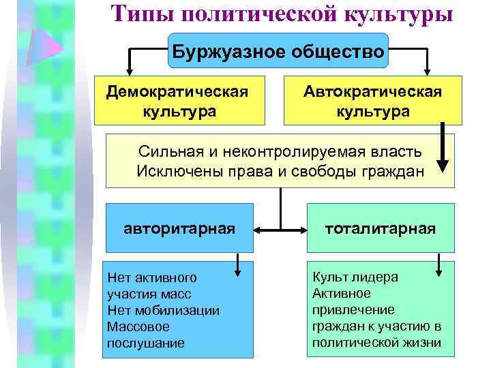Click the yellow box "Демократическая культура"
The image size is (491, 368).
(179, 101)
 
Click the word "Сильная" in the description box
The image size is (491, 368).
(164, 151)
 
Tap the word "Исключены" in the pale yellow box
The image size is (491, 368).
(171, 170)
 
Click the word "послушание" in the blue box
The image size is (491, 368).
(145, 343)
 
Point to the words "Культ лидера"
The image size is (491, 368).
(355, 277)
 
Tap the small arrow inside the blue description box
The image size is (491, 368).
(238, 266)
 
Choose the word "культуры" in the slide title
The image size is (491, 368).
(399, 13)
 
